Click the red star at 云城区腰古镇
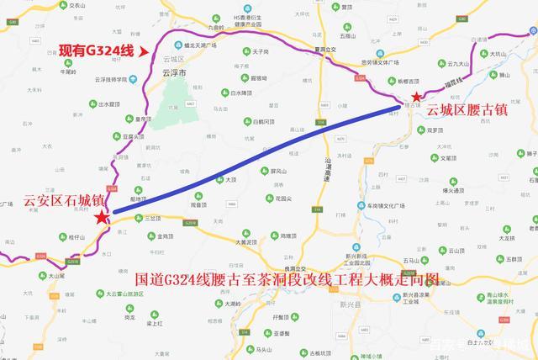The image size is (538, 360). click(417, 98)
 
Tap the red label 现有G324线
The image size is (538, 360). click(96, 51)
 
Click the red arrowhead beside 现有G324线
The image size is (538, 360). click(144, 51)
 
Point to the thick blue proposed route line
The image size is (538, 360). click(252, 160)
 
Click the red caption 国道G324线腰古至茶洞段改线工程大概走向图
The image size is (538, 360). click(287, 278)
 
